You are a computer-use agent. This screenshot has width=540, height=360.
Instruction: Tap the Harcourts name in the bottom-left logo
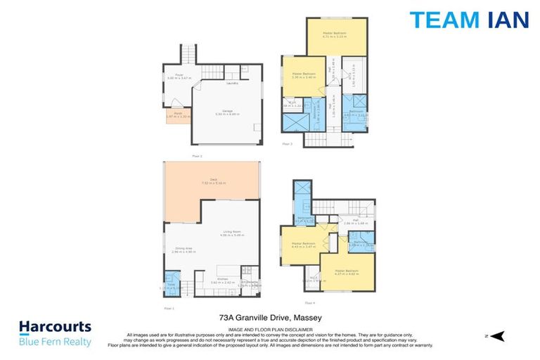pos(55,328)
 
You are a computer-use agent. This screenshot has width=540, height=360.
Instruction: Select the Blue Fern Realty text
pos(55,342)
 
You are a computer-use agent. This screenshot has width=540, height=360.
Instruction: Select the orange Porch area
pos(174,116)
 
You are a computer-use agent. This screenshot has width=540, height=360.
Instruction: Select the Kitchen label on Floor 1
pos(221,278)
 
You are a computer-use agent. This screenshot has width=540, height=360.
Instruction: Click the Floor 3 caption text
pos(286,143)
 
